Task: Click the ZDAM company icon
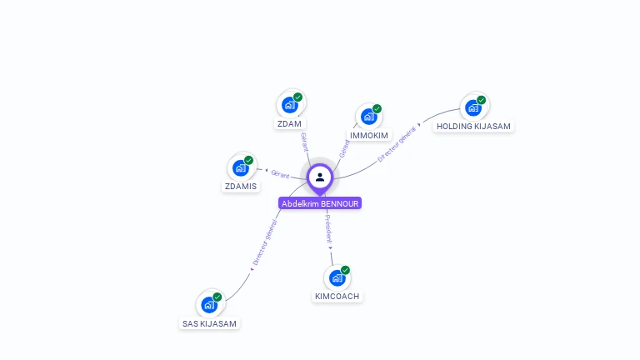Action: tap(289, 105)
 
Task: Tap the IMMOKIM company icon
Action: tap(368, 117)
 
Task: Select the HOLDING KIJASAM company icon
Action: tap(473, 107)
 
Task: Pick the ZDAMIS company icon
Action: tap(241, 168)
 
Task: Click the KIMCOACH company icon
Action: tap(337, 278)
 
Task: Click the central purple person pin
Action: tap(320, 177)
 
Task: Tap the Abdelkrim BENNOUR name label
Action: tap(320, 203)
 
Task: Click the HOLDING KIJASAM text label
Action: tap(473, 127)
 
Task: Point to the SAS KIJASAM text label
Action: tap(209, 323)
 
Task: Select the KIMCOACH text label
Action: tap(337, 297)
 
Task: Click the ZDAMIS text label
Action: tap(241, 187)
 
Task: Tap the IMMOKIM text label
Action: tap(368, 135)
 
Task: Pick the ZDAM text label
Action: tap(289, 124)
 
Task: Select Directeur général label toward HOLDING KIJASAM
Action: tap(397, 145)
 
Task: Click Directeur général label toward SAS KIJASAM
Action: tap(265, 242)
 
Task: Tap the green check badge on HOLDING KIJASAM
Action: tap(481, 100)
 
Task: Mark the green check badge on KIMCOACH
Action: tap(345, 270)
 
